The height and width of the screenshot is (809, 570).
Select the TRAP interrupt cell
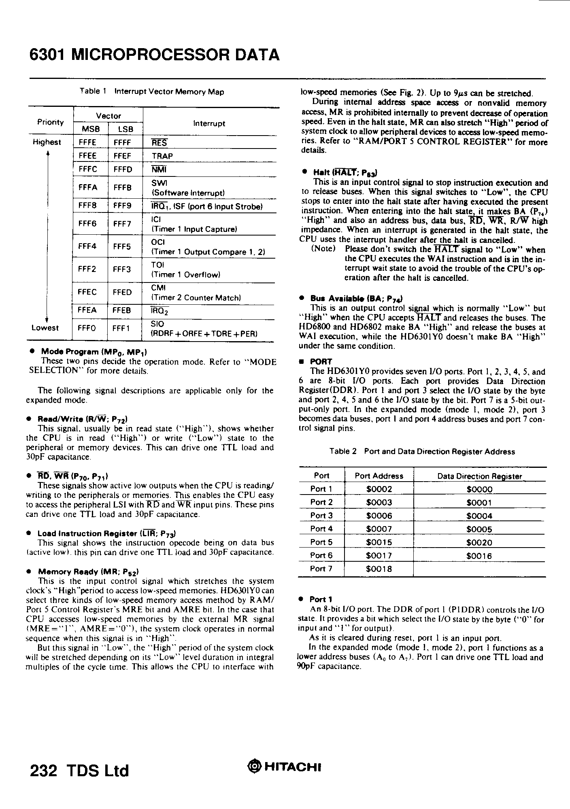pyautogui.click(x=162, y=156)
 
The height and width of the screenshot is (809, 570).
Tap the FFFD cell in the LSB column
pyautogui.click(x=123, y=169)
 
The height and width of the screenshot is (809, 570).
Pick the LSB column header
pyautogui.click(x=125, y=129)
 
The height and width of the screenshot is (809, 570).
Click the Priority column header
pyautogui.click(x=51, y=122)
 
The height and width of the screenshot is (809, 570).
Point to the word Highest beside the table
pyautogui.click(x=47, y=142)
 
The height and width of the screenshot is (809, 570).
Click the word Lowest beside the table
pyautogui.click(x=45, y=328)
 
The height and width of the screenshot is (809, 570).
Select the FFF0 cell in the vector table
pyautogui.click(x=87, y=328)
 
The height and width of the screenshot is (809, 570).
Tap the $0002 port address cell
pyautogui.click(x=379, y=489)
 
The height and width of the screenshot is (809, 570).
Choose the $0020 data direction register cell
pyautogui.click(x=479, y=543)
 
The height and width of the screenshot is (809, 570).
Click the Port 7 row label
pyautogui.click(x=321, y=569)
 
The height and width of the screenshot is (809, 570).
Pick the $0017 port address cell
pyautogui.click(x=379, y=556)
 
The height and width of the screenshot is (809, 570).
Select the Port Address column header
pyautogui.click(x=379, y=476)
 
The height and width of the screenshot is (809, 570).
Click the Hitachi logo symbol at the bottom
pyautogui.click(x=253, y=767)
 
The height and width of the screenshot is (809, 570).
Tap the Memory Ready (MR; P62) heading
pyautogui.click(x=88, y=572)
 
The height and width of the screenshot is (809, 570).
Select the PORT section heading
pyautogui.click(x=321, y=361)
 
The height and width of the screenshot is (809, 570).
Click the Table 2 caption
pyautogui.click(x=422, y=451)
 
